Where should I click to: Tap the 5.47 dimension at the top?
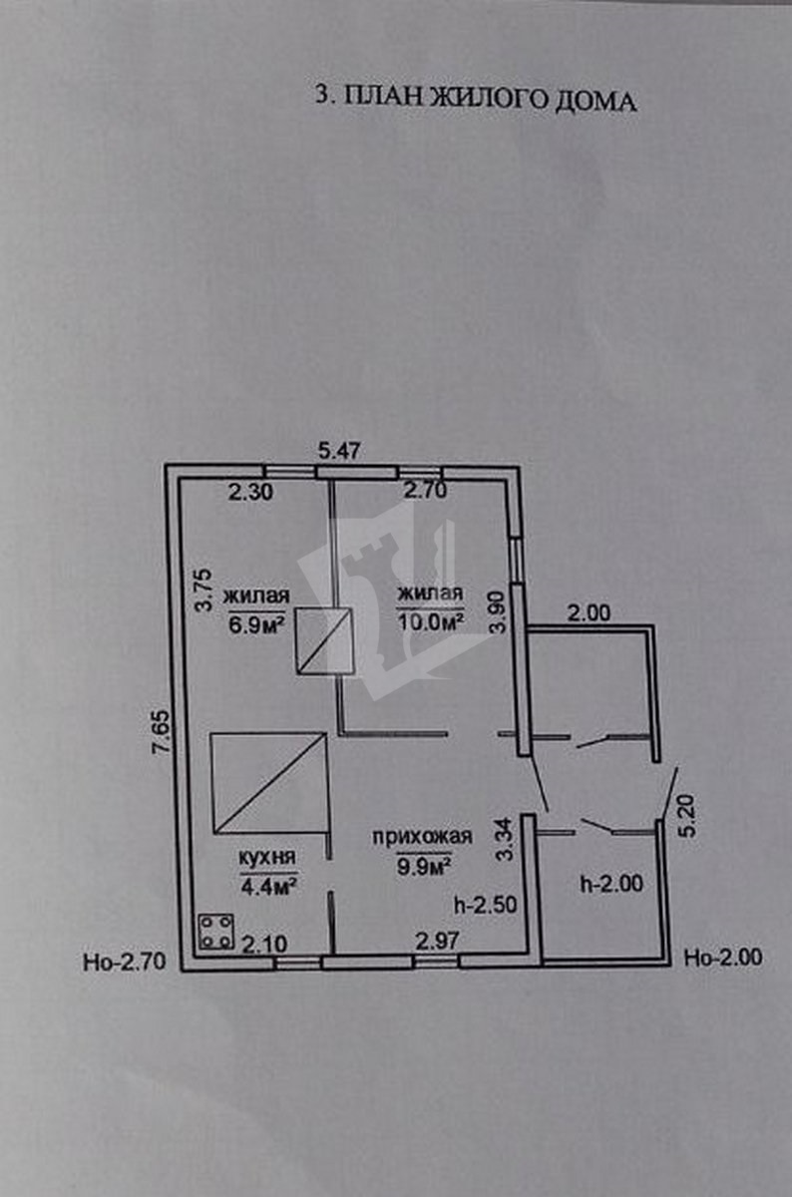pos(338,451)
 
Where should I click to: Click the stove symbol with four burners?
pos(216,932)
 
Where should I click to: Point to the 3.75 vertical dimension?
pos(204,591)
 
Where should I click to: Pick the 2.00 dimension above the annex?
pos(589,614)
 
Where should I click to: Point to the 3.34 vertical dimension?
pos(507,841)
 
